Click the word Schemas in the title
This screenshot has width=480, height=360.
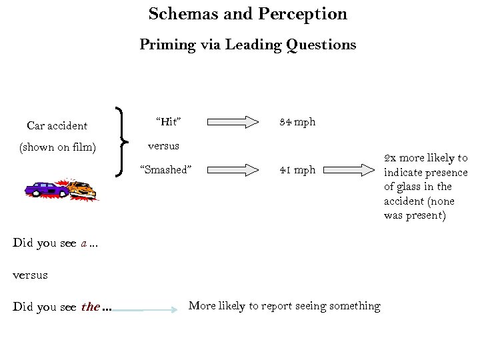point(177,14)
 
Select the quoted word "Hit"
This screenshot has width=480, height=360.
point(169,121)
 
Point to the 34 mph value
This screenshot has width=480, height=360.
point(297,122)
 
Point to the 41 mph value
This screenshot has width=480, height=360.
point(297,169)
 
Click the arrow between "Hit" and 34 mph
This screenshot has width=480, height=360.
point(233,122)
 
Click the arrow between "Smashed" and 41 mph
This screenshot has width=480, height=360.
point(233,170)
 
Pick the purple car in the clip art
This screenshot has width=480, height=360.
point(46,189)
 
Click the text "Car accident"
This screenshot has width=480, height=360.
point(57,125)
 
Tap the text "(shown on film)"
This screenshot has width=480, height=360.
point(57,147)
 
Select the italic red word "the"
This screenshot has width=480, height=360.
point(90,307)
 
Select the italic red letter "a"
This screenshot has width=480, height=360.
point(84,243)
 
